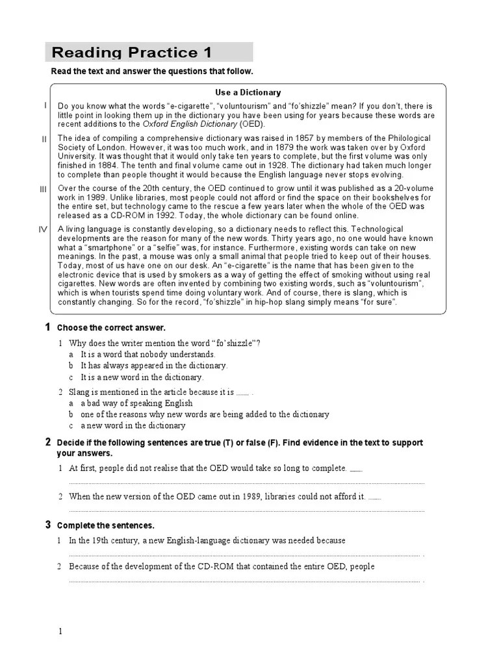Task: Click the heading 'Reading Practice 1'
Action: coord(131,53)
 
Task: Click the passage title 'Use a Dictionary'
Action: coord(248,93)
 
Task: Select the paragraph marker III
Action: coord(44,189)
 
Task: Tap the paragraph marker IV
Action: coord(44,229)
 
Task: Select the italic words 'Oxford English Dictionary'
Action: coord(190,123)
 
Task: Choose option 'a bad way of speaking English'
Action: coord(136,403)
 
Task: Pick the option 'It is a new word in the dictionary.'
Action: coord(142,377)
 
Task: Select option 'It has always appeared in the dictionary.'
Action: coord(154,366)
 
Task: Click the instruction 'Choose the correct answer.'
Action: coord(111,328)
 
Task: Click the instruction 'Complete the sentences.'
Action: coord(106,525)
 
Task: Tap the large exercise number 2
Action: coord(48,442)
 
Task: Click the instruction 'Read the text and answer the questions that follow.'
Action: coord(152,71)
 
